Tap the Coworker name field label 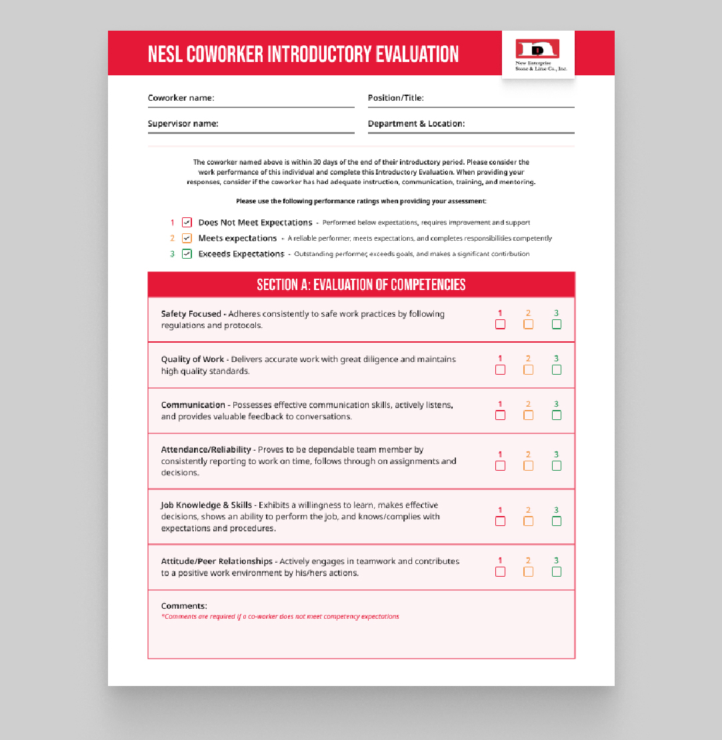181,98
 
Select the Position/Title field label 395,98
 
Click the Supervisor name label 183,123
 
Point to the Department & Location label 416,123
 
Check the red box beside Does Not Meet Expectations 187,223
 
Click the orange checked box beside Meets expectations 187,238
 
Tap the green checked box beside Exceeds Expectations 187,254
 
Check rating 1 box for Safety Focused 500,324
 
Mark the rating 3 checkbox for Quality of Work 556,369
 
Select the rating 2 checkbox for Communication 528,415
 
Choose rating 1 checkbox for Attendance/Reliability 500,465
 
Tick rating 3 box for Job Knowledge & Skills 556,521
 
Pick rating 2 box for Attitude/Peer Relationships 528,571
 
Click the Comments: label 184,606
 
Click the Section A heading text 361,285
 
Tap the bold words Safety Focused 191,314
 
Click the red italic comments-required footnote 280,617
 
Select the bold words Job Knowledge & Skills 206,505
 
